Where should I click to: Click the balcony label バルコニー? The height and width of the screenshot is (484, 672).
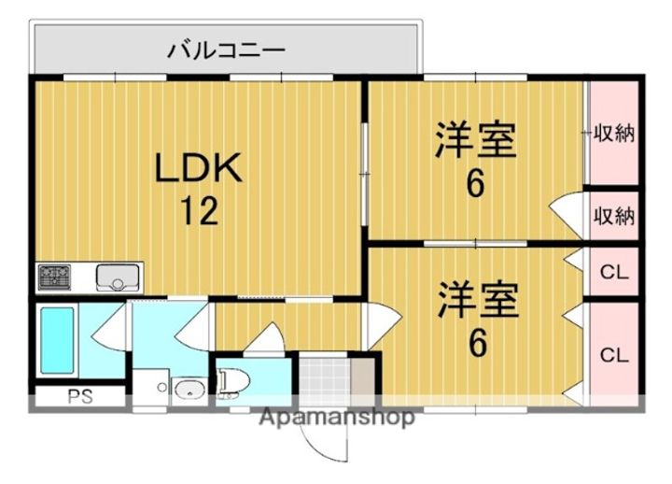pos(226,50)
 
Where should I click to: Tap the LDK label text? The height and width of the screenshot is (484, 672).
pos(198,168)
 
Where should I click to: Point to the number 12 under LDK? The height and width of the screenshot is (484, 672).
pos(200,210)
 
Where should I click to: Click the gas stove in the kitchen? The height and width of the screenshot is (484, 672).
pos(55,277)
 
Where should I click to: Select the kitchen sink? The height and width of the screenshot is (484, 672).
pos(118,278)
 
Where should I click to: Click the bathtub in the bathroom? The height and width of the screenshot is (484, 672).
pos(57,340)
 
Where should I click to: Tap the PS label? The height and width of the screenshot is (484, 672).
pos(80,397)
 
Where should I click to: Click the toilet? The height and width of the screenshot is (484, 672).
pos(234,382)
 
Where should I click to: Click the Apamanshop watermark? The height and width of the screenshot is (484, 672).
pos(337,417)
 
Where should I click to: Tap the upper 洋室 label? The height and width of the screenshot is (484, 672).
pos(476,140)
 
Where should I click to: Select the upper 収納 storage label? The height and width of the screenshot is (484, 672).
pos(614,134)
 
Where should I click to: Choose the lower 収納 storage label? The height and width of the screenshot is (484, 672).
pos(614,216)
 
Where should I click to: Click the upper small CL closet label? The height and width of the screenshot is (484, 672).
pos(614,272)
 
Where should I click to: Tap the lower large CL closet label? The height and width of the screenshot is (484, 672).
pos(614,355)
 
